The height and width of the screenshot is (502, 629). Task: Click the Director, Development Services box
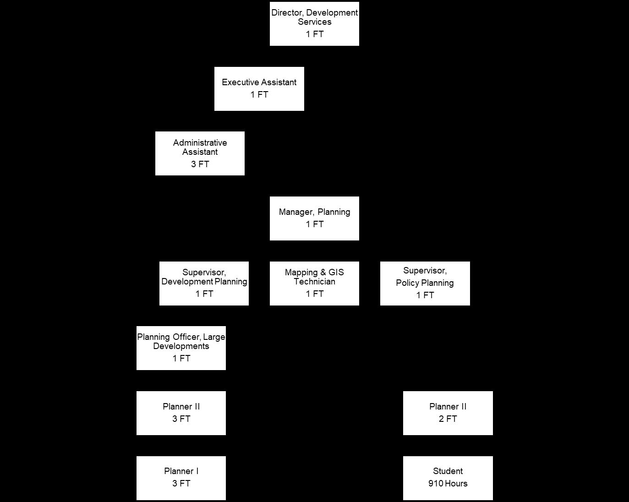click(x=314, y=24)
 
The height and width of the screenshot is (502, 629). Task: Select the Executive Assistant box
click(x=259, y=89)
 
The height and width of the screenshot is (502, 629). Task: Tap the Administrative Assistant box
click(x=200, y=153)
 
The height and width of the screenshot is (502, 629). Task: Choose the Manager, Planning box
click(x=314, y=218)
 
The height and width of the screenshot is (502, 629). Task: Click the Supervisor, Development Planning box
click(x=204, y=284)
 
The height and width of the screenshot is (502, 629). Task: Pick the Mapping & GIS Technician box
click(x=314, y=284)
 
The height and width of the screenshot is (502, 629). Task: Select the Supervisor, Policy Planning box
click(x=425, y=284)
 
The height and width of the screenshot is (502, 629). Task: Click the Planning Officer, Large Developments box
click(x=181, y=348)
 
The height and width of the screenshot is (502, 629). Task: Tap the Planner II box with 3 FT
click(x=181, y=413)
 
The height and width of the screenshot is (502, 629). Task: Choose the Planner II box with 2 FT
click(x=448, y=413)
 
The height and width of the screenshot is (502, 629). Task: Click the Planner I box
click(x=181, y=478)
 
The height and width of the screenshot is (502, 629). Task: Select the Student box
click(x=448, y=478)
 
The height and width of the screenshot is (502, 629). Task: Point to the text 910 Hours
click(x=448, y=484)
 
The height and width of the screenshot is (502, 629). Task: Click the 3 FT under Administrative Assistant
click(x=200, y=164)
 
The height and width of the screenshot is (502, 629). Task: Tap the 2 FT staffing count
click(x=448, y=419)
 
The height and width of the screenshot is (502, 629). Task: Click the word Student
click(x=448, y=471)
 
